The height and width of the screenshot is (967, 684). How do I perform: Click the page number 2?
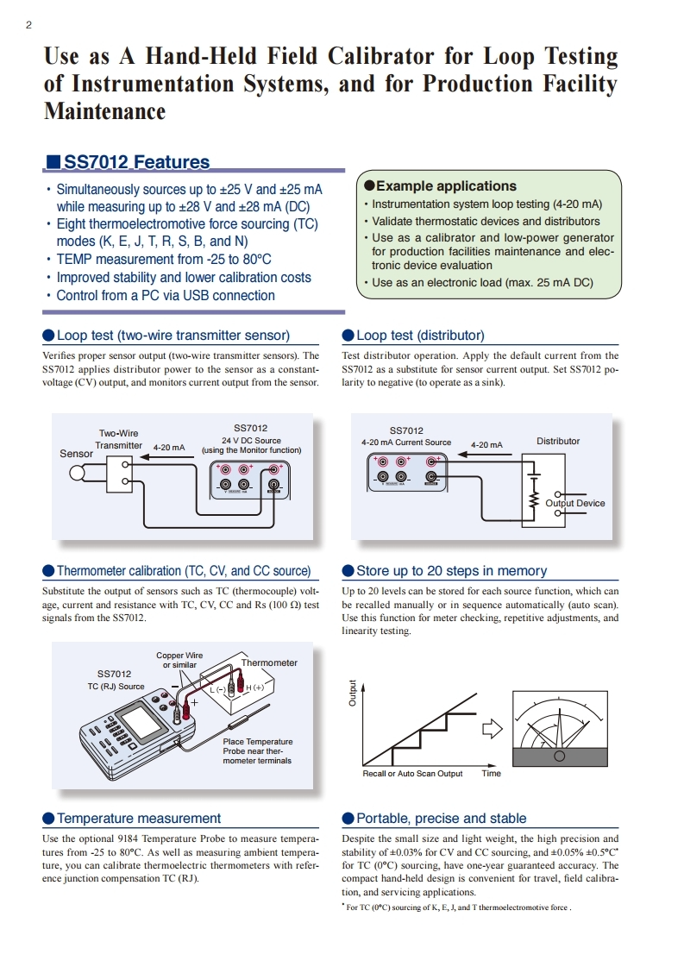coord(29,25)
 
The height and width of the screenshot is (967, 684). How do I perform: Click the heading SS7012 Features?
coord(137,162)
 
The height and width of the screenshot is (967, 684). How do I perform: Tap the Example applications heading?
coord(447,186)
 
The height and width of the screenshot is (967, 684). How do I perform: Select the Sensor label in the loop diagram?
coord(76,454)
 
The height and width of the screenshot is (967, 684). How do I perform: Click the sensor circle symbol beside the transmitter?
coord(78,474)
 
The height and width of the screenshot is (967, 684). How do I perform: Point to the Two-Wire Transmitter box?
coord(119,474)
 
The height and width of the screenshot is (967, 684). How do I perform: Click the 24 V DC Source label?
coord(251,440)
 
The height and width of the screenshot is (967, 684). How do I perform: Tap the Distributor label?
coord(558,441)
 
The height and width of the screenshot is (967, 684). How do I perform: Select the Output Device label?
coord(574,503)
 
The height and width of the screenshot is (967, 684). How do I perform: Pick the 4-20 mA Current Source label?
coord(406,443)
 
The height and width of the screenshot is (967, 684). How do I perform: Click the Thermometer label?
coord(269,663)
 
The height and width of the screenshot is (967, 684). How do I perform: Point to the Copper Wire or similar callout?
coord(179,660)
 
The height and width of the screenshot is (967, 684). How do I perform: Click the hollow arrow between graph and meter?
coord(493,729)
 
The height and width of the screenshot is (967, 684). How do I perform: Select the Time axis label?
coord(492,774)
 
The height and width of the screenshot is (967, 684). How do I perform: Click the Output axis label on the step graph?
coord(353,694)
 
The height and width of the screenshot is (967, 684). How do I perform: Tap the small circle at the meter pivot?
coord(560,756)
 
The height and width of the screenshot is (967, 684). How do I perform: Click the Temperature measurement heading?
coord(139,819)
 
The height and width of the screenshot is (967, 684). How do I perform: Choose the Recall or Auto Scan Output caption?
coord(412,774)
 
